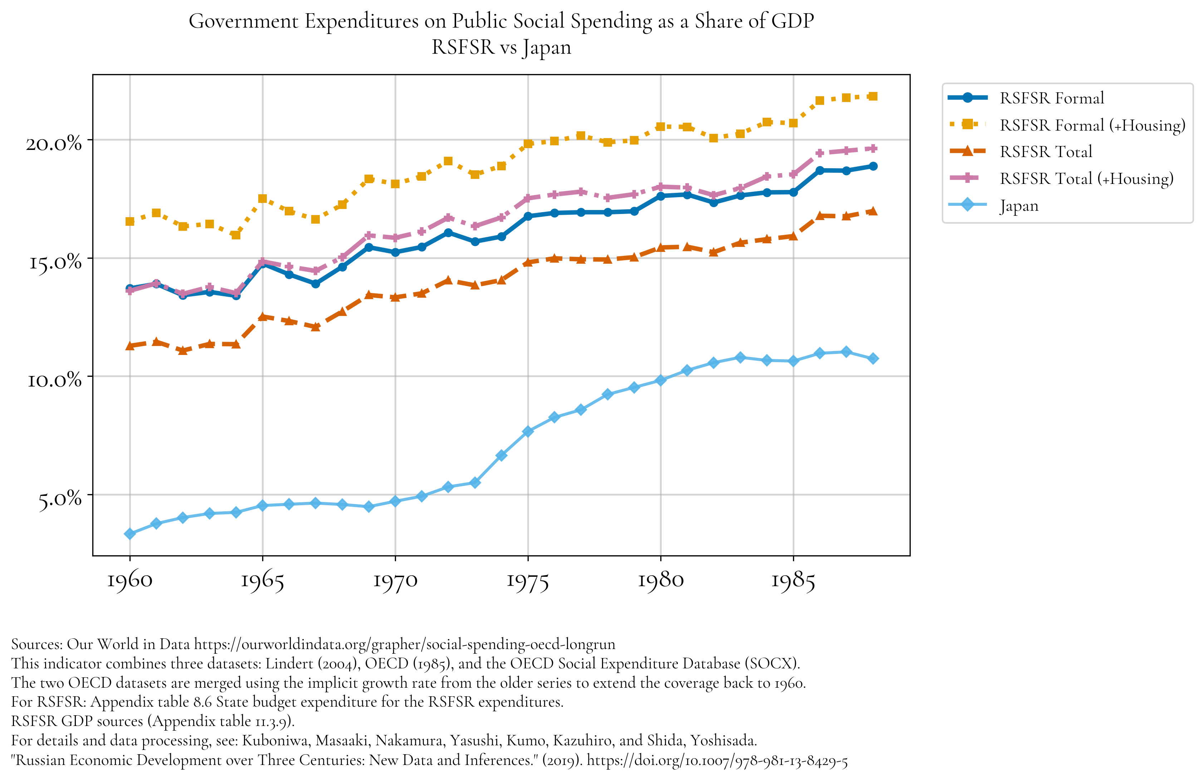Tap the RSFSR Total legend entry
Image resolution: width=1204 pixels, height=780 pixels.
1045,151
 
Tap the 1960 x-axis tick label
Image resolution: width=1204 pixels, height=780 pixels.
129,581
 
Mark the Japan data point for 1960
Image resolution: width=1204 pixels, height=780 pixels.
129,533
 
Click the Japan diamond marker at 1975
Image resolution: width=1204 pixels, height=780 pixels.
528,431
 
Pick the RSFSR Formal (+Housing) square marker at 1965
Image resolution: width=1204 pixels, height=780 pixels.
263,199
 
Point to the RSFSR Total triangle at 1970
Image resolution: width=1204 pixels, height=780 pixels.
395,297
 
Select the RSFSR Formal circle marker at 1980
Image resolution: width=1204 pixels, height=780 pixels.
661,196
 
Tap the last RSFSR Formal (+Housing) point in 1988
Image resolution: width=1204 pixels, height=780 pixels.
873,96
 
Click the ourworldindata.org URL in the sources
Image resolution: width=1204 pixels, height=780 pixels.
404,644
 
